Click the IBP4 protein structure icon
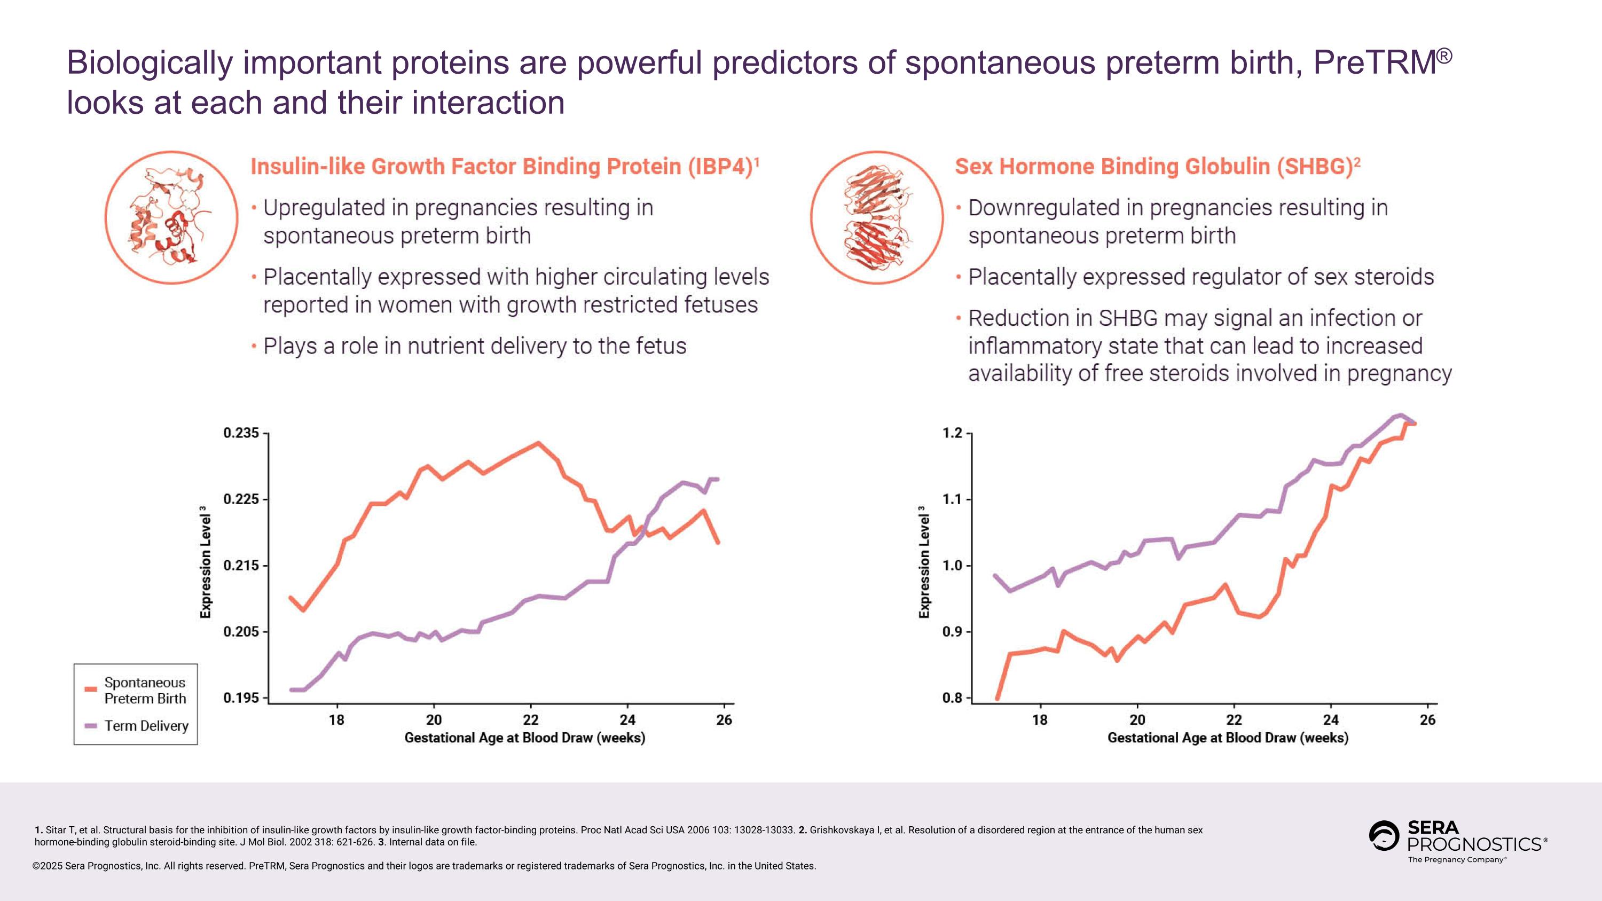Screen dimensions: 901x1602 (x=171, y=217)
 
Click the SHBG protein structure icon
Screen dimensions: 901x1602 (x=876, y=217)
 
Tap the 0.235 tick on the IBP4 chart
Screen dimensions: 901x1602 (x=241, y=433)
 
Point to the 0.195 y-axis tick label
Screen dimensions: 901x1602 (x=241, y=698)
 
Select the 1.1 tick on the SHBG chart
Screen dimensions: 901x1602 (x=953, y=499)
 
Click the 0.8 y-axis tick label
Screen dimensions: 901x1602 (x=953, y=698)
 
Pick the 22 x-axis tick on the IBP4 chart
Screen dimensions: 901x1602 (x=530, y=720)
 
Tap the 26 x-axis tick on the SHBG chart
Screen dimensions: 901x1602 (x=1428, y=720)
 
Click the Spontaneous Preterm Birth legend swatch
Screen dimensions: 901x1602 (x=91, y=689)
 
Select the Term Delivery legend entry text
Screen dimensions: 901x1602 (x=146, y=726)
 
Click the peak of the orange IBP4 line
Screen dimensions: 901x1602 (x=538, y=443)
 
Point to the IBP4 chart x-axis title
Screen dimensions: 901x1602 (x=524, y=738)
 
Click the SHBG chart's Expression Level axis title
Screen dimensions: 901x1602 (x=924, y=563)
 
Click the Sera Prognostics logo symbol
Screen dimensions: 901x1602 (x=1384, y=836)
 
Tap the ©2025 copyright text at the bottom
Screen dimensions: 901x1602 (x=49, y=866)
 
